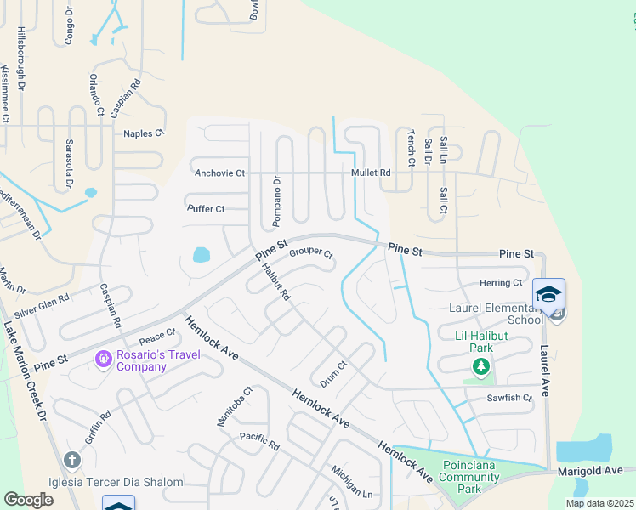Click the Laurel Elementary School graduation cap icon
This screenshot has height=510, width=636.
548,294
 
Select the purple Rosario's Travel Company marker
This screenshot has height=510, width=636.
104,360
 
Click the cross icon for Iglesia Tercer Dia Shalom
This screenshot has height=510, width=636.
71,461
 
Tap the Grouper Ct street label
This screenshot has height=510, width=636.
310,253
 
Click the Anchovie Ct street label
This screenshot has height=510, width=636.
219,173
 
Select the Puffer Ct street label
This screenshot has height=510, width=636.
206,208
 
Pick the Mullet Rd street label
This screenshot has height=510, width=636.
371,173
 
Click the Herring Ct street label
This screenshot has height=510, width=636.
501,283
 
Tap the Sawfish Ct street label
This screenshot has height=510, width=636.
509,398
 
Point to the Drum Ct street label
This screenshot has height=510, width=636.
332,372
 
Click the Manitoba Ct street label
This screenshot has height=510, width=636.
224,406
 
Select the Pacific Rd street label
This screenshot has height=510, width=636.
259,440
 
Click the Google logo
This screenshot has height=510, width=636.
28,500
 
